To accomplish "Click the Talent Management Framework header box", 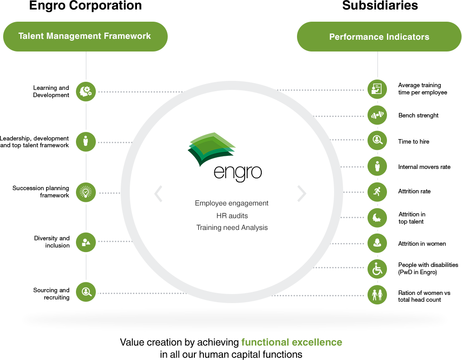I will pyautogui.click(x=85, y=36).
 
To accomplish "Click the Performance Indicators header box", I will pyautogui.click(x=379, y=37).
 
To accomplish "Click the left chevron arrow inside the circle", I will pyautogui.click(x=158, y=193).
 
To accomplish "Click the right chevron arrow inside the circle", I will pyautogui.click(x=302, y=193).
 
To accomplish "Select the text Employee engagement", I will pyautogui.click(x=231, y=203).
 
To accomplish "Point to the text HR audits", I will pyautogui.click(x=232, y=215).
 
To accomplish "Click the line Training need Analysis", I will pyautogui.click(x=232, y=228).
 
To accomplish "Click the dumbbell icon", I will pyautogui.click(x=377, y=115).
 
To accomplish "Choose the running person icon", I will pyautogui.click(x=377, y=192).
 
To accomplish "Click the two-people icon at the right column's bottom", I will pyautogui.click(x=377, y=295).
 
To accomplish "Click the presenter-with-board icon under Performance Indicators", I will pyautogui.click(x=377, y=89).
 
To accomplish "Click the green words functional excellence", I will pyautogui.click(x=292, y=342).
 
